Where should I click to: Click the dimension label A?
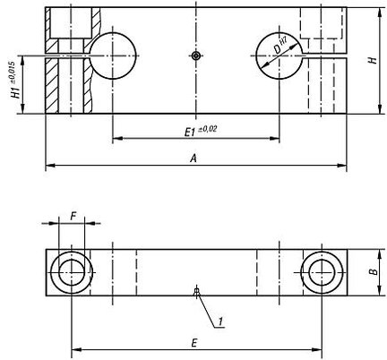click(x=194, y=158)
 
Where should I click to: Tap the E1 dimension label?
click(x=189, y=132)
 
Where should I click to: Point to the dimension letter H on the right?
click(x=373, y=60)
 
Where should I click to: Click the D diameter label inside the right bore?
click(x=278, y=49)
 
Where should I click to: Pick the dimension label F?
click(x=73, y=217)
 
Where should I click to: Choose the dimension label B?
click(x=374, y=271)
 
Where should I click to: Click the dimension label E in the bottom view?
click(x=194, y=343)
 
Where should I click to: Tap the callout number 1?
click(x=220, y=321)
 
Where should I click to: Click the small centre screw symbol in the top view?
click(x=196, y=56)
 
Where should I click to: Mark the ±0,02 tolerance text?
click(x=208, y=130)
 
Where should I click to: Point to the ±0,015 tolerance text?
click(x=12, y=73)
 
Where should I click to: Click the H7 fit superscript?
click(x=284, y=40)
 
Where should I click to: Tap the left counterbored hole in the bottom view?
click(x=72, y=272)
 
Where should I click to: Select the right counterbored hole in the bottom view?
click(x=322, y=272)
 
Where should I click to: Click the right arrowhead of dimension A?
click(x=342, y=166)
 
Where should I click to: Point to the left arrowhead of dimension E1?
click(x=117, y=138)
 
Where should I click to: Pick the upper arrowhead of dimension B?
click(x=379, y=254)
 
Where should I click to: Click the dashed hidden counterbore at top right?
click(x=322, y=39)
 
